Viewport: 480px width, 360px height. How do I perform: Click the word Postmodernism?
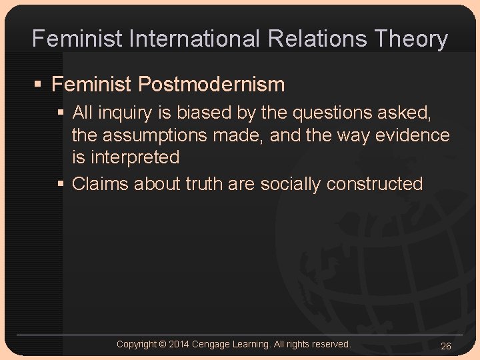pos(211,85)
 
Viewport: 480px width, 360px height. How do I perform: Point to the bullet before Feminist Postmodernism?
pos(38,85)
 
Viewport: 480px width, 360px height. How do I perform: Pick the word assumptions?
pos(182,135)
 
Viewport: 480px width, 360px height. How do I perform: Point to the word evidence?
pos(413,135)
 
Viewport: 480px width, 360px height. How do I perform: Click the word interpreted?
pos(136,158)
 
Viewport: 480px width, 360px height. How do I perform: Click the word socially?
pos(290,183)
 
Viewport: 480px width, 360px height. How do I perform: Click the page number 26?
pos(446,346)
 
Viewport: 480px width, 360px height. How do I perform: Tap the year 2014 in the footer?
pos(179,344)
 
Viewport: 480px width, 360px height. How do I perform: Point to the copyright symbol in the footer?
pos(163,344)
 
